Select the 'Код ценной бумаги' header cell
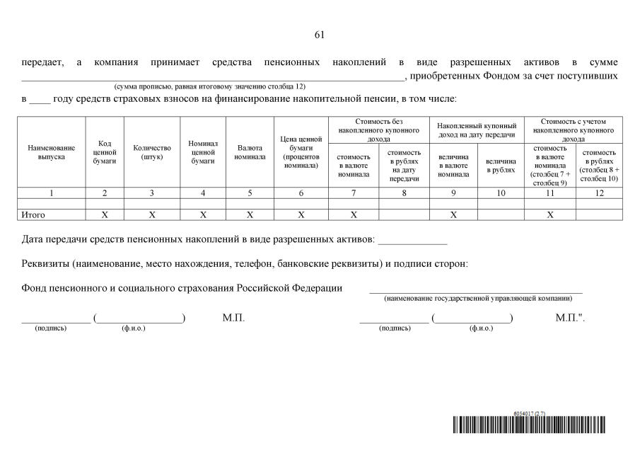[x=105, y=151]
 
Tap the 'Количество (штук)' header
[x=152, y=151]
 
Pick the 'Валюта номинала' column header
[x=250, y=151]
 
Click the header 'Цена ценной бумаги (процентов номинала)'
[x=301, y=151]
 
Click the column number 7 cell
[x=354, y=193]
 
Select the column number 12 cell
[x=599, y=193]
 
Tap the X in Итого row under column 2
[x=105, y=214]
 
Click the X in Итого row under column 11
[x=550, y=214]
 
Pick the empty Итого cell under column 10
[x=501, y=214]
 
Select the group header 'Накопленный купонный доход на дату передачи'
[x=477, y=130]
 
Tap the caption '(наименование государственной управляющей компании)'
[x=478, y=299]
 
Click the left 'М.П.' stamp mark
[x=233, y=319]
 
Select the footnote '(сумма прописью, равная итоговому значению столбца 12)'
[x=205, y=86]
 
